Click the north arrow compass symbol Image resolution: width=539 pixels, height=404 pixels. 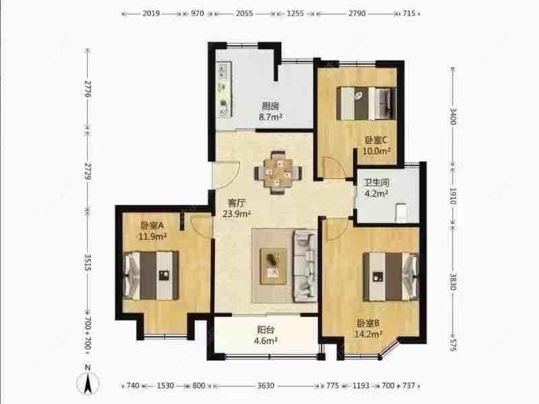pyautogui.click(x=88, y=382)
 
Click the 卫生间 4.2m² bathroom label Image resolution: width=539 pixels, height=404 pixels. pyautogui.click(x=375, y=188)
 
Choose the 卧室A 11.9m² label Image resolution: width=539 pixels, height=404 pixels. pyautogui.click(x=154, y=231)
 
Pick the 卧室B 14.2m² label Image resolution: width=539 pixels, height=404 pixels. pyautogui.click(x=369, y=327)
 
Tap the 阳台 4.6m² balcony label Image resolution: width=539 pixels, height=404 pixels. pyautogui.click(x=265, y=335)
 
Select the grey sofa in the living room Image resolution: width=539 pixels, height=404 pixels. pyautogui.click(x=305, y=265)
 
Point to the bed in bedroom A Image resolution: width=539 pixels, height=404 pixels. pyautogui.click(x=152, y=275)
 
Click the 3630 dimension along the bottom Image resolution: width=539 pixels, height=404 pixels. pyautogui.click(x=265, y=386)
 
